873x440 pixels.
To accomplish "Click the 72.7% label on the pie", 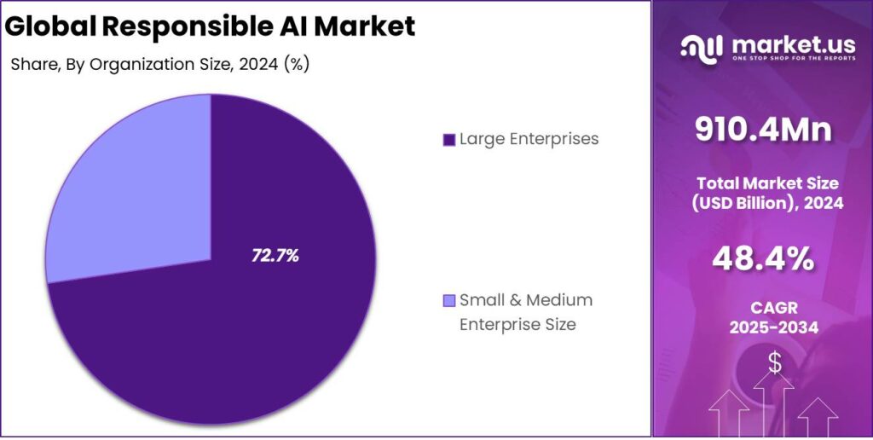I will (275, 255).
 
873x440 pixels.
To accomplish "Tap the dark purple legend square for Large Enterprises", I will (448, 140).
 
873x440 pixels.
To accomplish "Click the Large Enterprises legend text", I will (529, 139).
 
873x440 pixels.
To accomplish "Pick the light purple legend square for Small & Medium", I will (449, 300).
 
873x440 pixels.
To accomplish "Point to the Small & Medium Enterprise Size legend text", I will (525, 312).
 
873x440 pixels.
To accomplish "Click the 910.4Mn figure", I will (762, 130).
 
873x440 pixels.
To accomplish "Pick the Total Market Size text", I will (767, 182).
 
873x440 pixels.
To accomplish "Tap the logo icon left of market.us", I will (702, 48).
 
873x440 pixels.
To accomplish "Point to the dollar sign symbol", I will (774, 363).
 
